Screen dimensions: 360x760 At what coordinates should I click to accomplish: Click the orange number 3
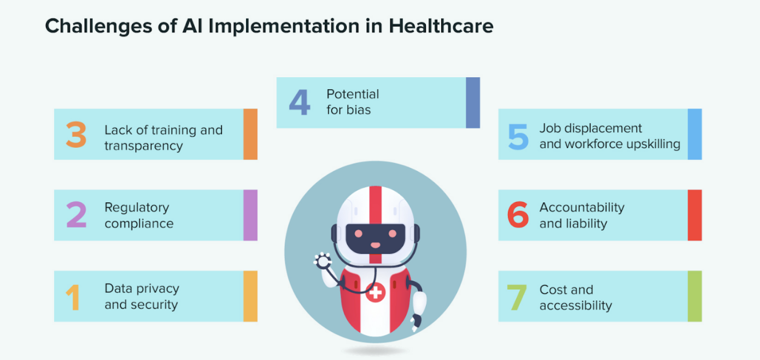pyautogui.click(x=76, y=135)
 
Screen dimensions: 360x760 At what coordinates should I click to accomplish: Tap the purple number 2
pyautogui.click(x=76, y=215)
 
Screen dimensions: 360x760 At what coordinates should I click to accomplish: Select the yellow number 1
pyautogui.click(x=73, y=297)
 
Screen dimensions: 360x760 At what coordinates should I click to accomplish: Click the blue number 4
pyautogui.click(x=299, y=102)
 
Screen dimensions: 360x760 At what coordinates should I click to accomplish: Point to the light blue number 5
pyautogui.click(x=518, y=136)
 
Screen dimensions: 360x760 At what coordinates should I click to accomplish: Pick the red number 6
pyautogui.click(x=518, y=216)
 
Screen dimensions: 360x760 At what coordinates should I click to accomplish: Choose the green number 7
pyautogui.click(x=517, y=298)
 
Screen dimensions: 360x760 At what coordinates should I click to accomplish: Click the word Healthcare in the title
pyautogui.click(x=441, y=26)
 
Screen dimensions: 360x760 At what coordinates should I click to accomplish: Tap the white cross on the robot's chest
pyautogui.click(x=375, y=293)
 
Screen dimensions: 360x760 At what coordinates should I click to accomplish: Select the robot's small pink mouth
pyautogui.click(x=375, y=245)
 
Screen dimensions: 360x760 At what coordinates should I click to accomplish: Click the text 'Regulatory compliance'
pyautogui.click(x=139, y=216)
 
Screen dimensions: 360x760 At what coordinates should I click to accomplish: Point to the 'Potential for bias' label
pyautogui.click(x=353, y=102)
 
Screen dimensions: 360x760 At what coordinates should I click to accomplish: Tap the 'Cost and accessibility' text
pyautogui.click(x=575, y=298)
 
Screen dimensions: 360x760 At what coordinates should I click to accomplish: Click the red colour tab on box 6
pyautogui.click(x=694, y=215)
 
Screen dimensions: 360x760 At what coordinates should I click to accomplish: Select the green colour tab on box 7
pyautogui.click(x=694, y=296)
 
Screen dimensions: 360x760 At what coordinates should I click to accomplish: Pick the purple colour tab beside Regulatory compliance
pyautogui.click(x=250, y=215)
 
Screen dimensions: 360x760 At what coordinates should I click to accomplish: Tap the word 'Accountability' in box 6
pyautogui.click(x=582, y=207)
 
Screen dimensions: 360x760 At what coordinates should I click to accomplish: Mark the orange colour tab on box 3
pyautogui.click(x=250, y=134)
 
